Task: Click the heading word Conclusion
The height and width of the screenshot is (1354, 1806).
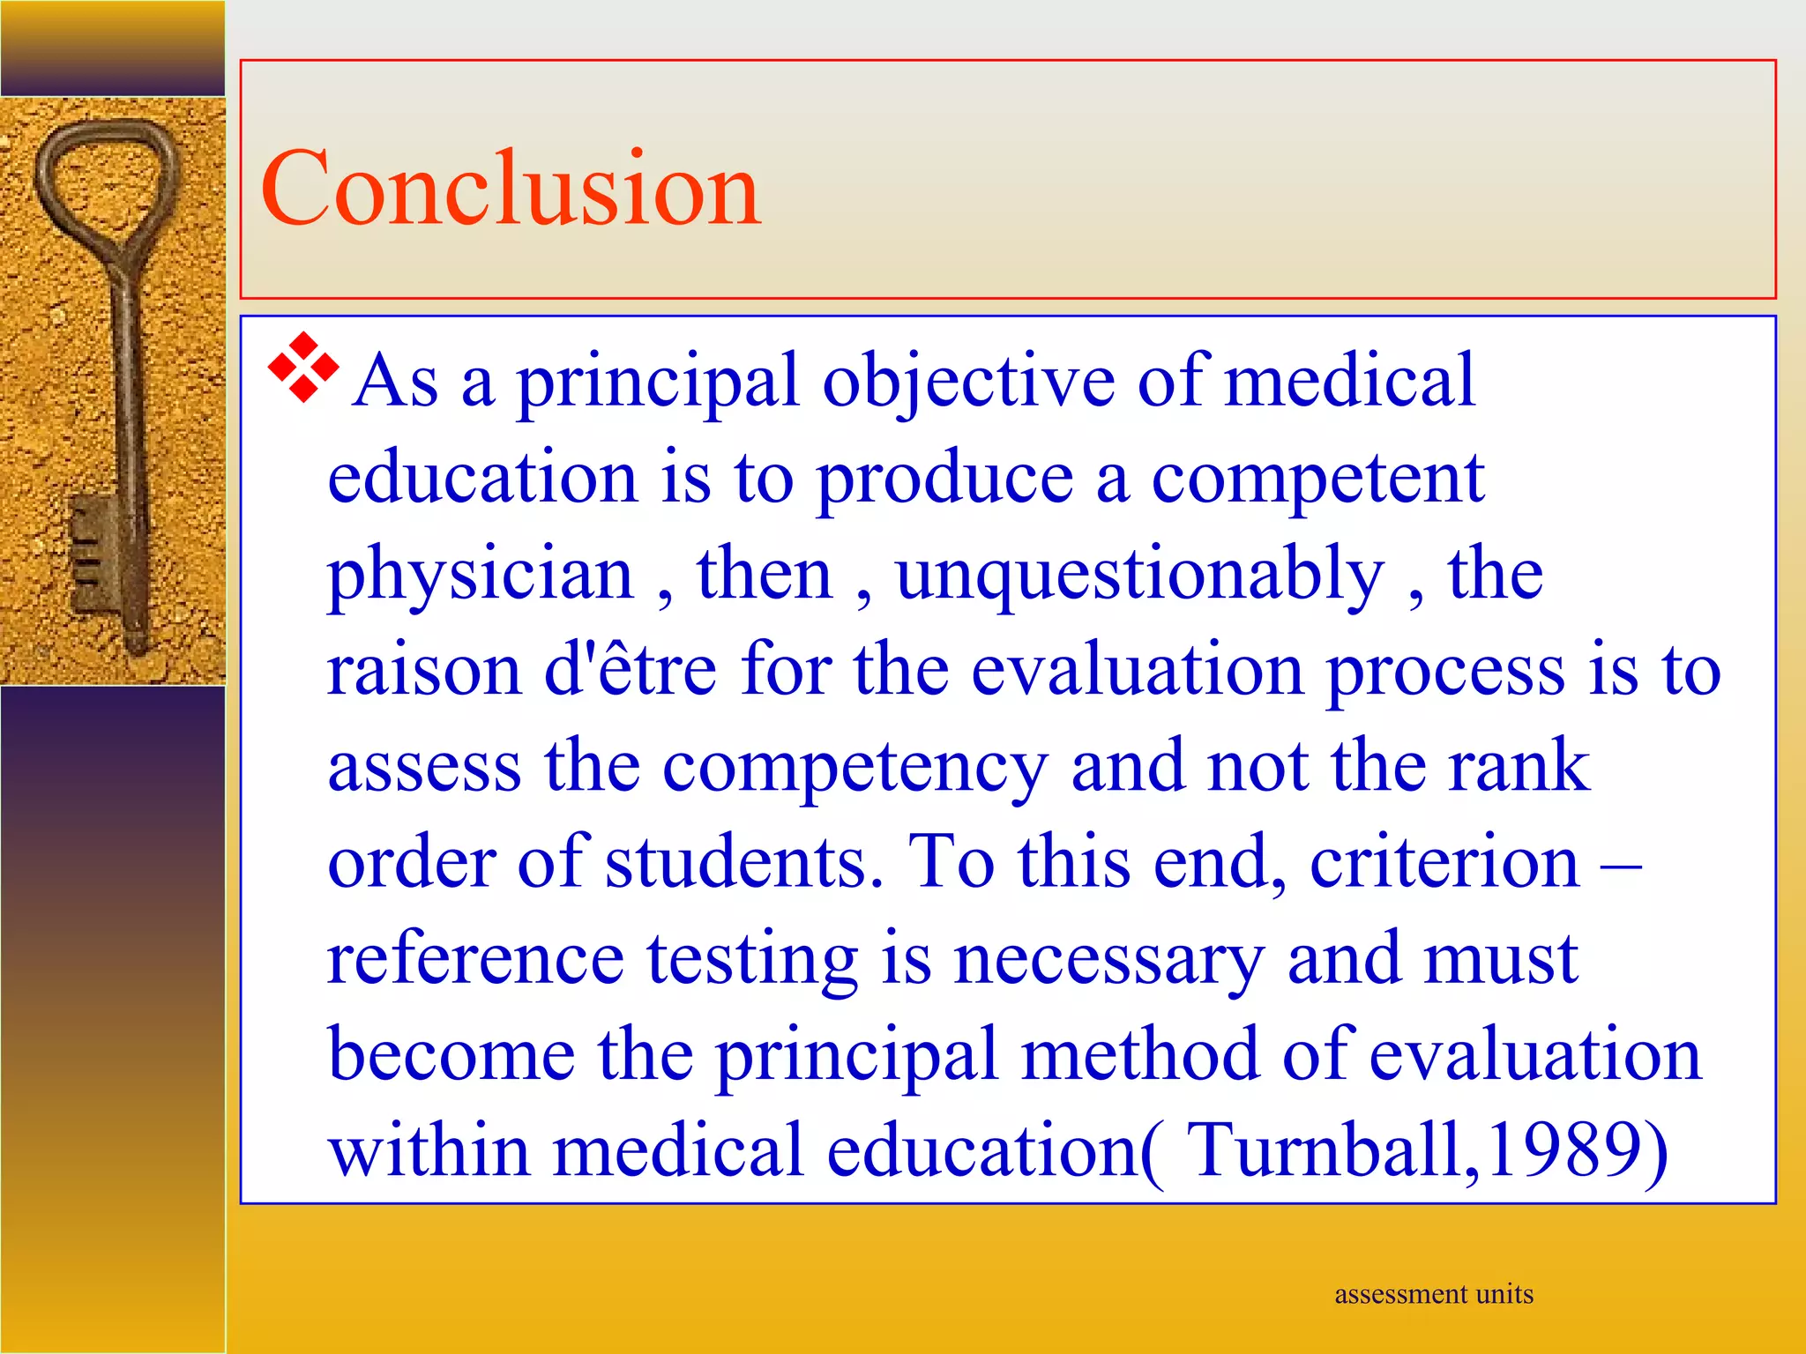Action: (511, 188)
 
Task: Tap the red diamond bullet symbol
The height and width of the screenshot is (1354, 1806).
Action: (302, 368)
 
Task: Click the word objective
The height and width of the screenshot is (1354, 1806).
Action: (969, 381)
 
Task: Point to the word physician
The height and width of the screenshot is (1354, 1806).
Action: (481, 575)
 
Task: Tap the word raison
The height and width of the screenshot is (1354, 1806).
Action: (424, 670)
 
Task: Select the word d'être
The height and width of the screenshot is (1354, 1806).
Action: (630, 670)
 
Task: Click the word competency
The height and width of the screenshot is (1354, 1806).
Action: (854, 767)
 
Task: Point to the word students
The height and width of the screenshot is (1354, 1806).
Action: (743, 861)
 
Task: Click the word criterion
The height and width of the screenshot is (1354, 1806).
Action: (1444, 861)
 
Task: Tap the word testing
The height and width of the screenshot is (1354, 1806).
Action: (752, 959)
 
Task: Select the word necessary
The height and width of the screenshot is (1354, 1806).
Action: (1109, 959)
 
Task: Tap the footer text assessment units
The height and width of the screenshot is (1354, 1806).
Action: (1434, 1294)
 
